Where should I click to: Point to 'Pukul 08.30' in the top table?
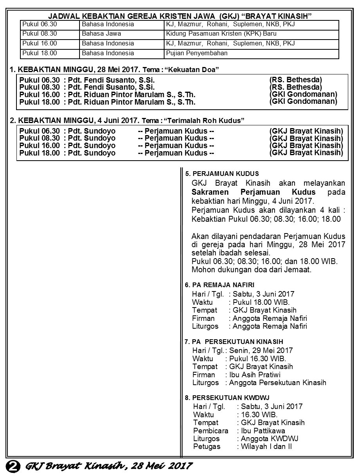pyautogui.click(x=40, y=34)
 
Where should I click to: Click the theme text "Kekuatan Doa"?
pyautogui.click(x=192, y=70)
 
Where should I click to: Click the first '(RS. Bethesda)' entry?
pyautogui.click(x=295, y=80)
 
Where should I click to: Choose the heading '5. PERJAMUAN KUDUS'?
pyautogui.click(x=222, y=174)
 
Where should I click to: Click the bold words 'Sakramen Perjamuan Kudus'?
pyautogui.click(x=253, y=192)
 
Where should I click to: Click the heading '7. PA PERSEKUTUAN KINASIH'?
pyautogui.click(x=233, y=342)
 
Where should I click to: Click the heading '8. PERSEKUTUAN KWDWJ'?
pyautogui.click(x=227, y=398)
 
